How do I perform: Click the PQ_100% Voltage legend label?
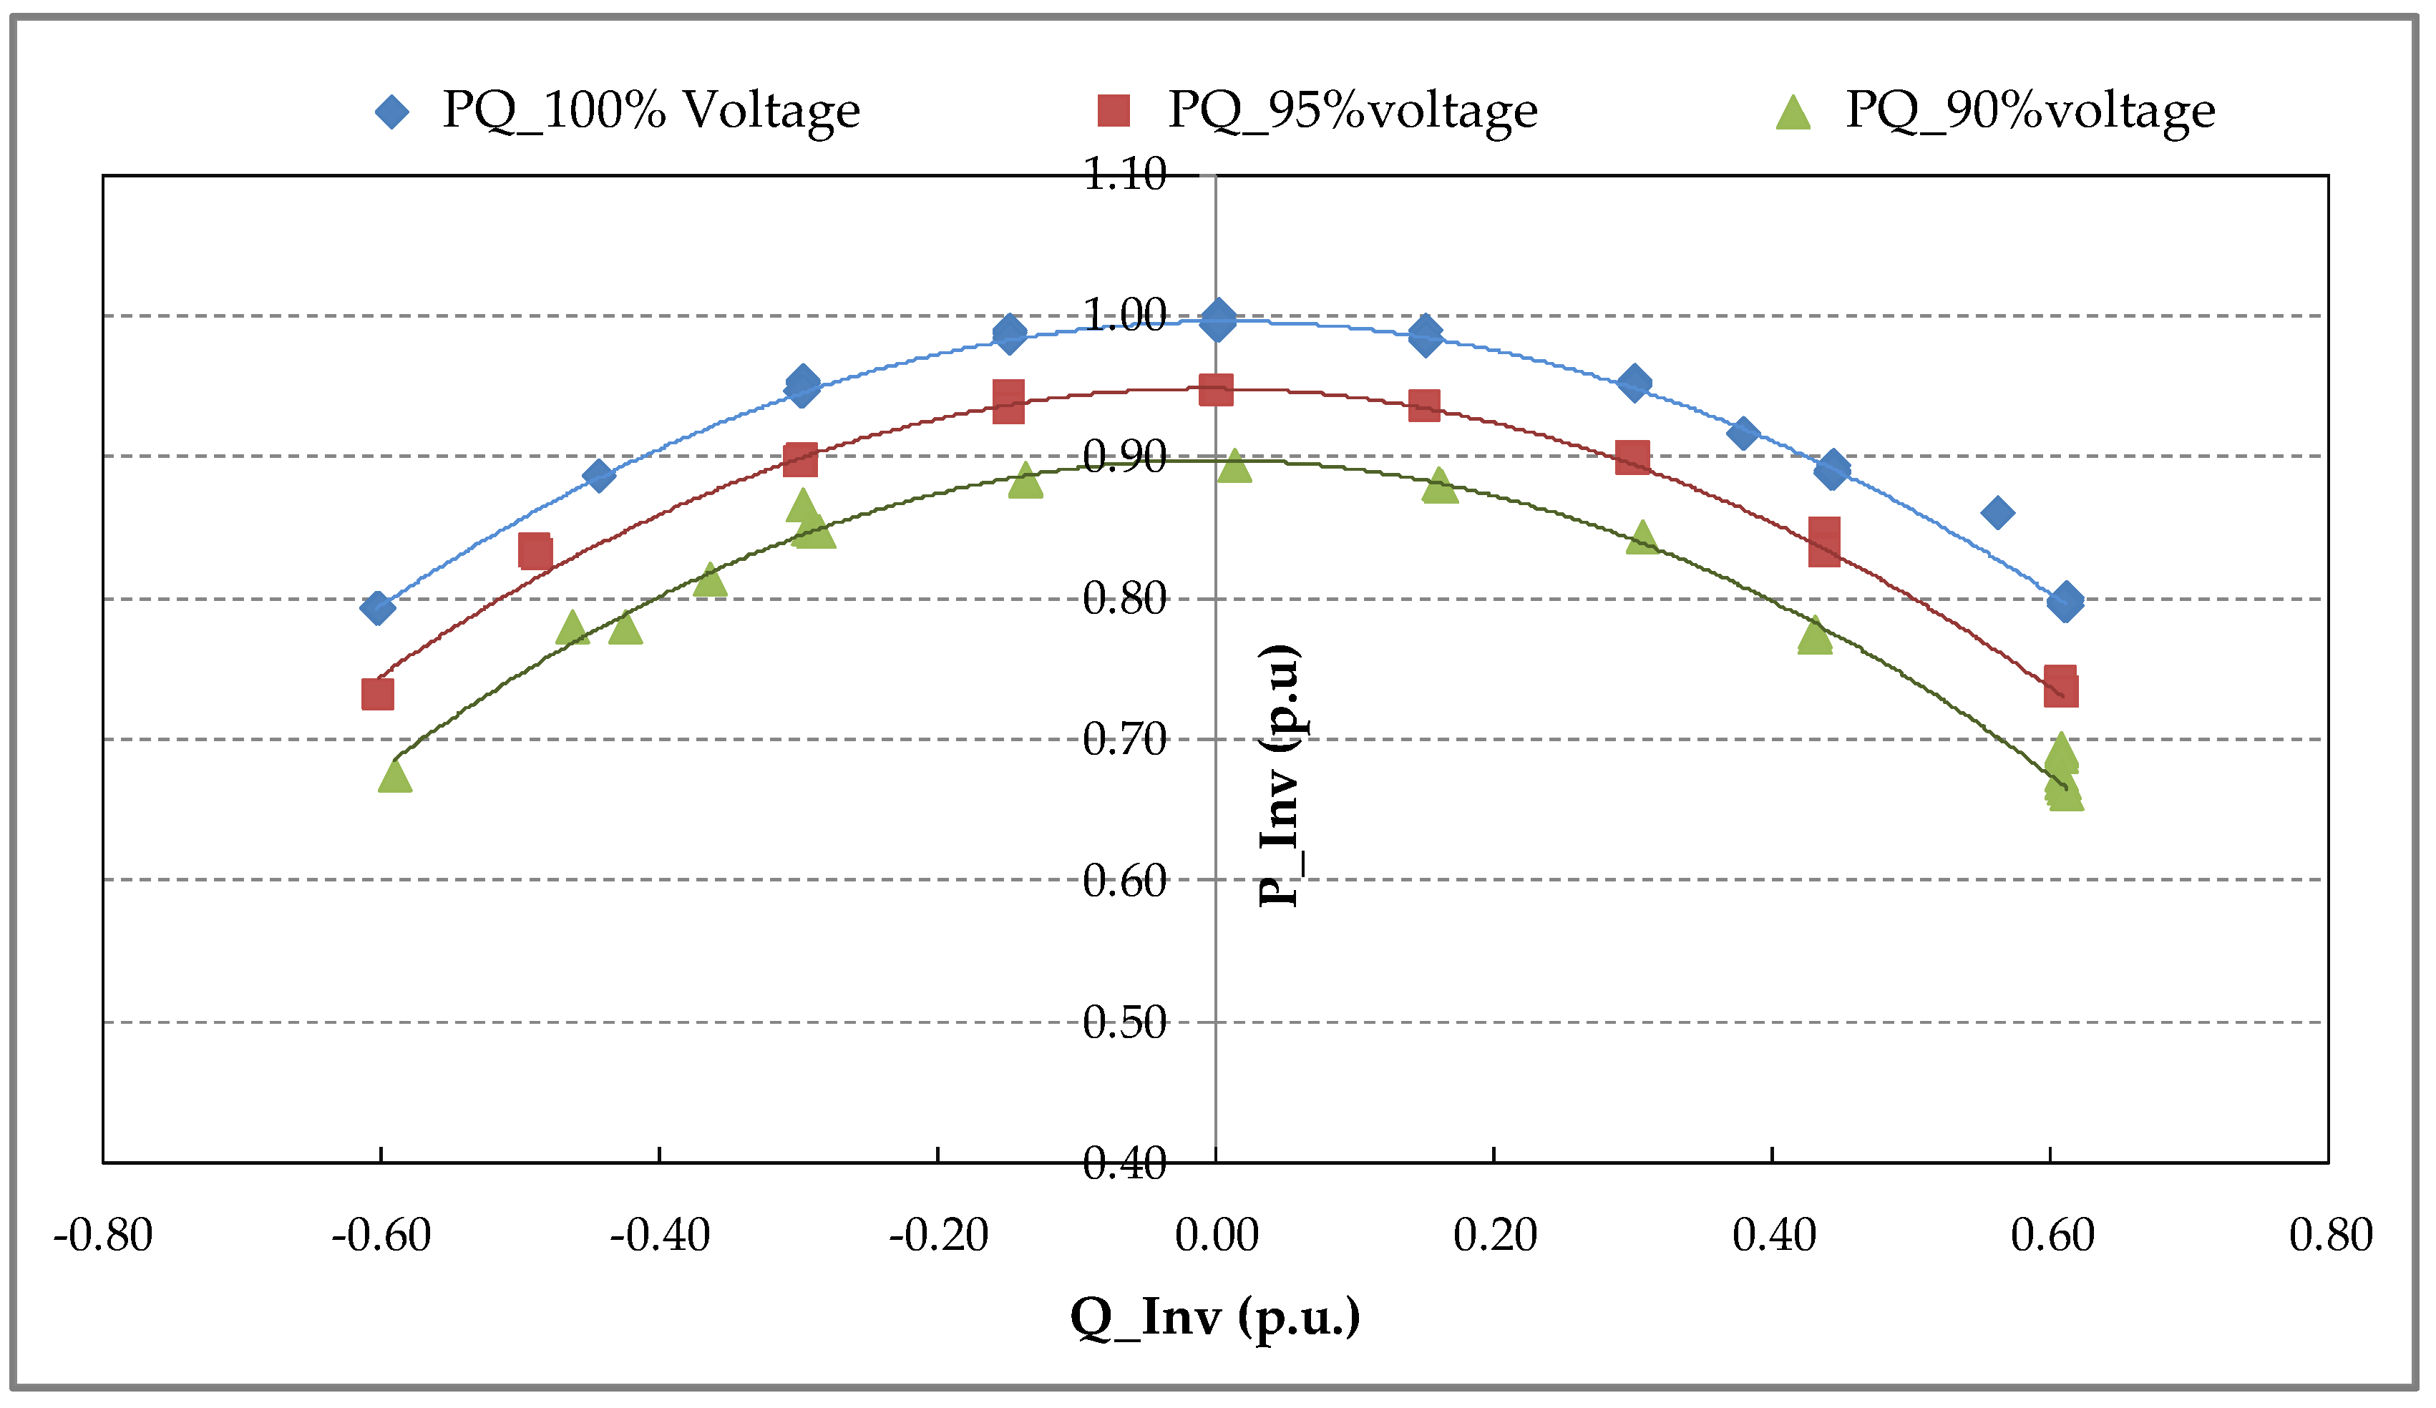651,110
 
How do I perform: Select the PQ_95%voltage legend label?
1353,110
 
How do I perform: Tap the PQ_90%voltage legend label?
2030,110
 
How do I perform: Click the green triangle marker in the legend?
1793,113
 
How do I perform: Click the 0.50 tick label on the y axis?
1124,1022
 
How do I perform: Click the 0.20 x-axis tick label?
1494,1235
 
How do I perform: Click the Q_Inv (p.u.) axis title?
1215,1317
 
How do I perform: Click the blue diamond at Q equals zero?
1218,320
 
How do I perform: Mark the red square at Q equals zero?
1216,391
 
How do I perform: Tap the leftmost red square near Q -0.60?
377,694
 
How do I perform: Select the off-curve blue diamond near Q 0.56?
1997,513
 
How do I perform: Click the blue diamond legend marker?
392,112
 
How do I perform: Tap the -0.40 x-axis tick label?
659,1235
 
